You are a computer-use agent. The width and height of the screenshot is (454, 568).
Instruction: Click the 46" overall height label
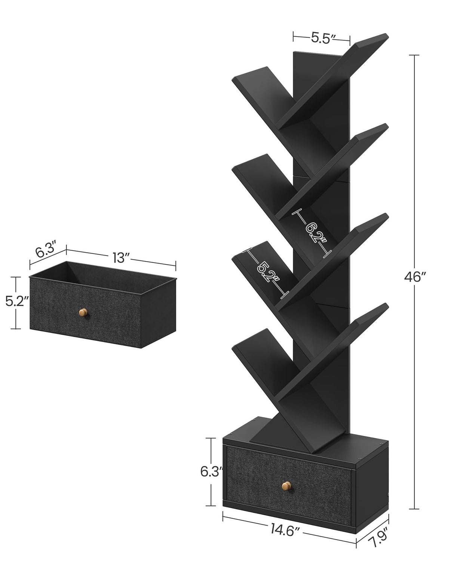coord(415,277)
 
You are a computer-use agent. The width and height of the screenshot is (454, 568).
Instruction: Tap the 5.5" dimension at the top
coord(321,38)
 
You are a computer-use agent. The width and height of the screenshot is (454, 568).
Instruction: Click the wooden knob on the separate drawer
coord(83,312)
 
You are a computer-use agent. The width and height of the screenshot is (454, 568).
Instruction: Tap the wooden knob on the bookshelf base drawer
coord(286,486)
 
